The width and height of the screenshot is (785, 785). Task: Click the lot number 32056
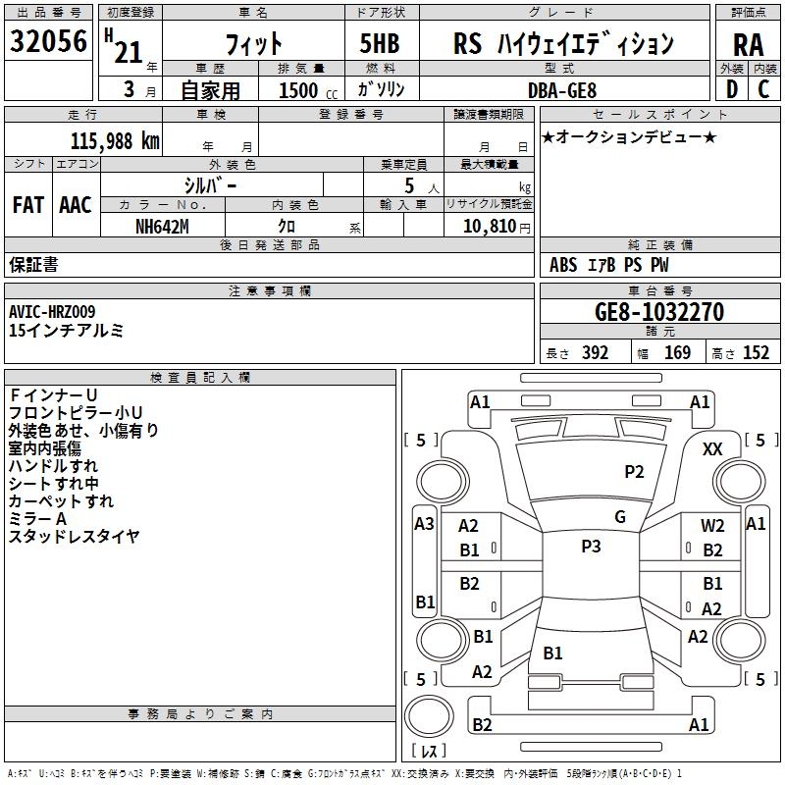pos(48,41)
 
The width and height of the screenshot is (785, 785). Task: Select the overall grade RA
pos(748,45)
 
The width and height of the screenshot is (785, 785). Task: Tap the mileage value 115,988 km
pos(115,141)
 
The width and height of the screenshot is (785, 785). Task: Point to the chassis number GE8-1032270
pos(659,312)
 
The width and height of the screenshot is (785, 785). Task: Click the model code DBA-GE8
pos(562,90)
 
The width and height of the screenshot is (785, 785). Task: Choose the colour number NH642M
pos(162,227)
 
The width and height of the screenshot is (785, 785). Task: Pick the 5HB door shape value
pos(380,43)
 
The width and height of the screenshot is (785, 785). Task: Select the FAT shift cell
pos(28,205)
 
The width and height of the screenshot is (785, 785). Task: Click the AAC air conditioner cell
pos(76,205)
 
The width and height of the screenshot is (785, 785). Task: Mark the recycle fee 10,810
pos(490,227)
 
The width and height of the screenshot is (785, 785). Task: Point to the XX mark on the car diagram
pos(712,449)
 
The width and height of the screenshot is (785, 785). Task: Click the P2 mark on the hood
pos(634,472)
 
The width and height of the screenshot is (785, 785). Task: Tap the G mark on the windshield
pos(620,517)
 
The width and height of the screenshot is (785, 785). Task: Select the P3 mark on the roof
pos(591,547)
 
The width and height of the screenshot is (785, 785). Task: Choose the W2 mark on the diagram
pos(712,526)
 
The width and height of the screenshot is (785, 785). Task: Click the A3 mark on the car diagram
pos(424,524)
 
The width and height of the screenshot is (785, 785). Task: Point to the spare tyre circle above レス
pos(429,715)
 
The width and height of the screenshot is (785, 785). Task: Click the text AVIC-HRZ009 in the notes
pos(52,312)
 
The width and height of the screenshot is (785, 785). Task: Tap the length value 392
pos(595,352)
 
